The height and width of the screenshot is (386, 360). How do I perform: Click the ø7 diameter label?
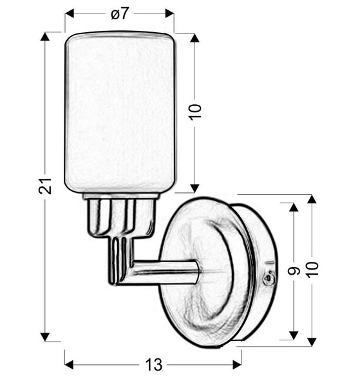(120, 14)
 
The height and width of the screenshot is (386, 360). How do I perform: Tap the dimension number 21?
(45, 186)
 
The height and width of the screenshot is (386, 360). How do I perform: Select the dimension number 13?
(154, 365)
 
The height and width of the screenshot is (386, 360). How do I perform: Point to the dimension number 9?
(294, 271)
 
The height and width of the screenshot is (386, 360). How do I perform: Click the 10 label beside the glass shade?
(195, 112)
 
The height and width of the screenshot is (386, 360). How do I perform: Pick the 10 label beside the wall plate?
(312, 270)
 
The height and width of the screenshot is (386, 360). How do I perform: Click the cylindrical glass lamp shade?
(120, 112)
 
